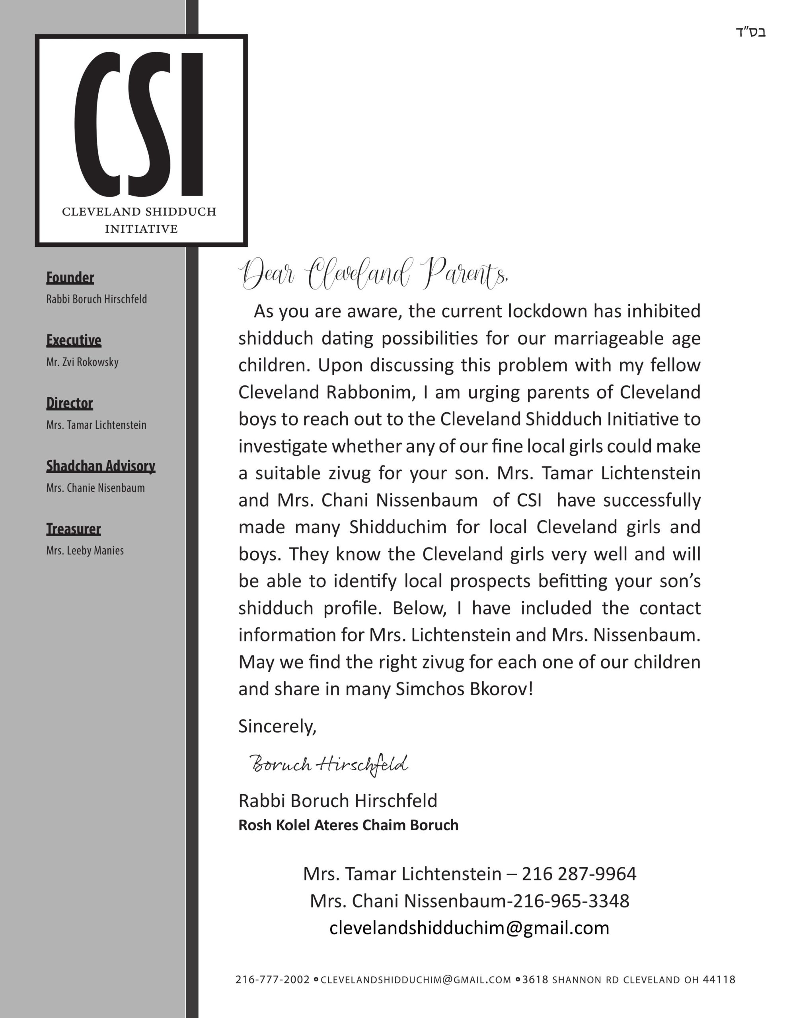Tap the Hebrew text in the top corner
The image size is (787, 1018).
pyautogui.click(x=751, y=32)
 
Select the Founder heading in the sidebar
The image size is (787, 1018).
pyautogui.click(x=70, y=278)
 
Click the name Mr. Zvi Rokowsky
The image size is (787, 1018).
pyautogui.click(x=82, y=362)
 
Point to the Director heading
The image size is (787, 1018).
pyautogui.click(x=70, y=403)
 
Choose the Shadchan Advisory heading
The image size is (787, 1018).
pyautogui.click(x=100, y=466)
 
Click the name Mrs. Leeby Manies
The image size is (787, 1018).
pyautogui.click(x=85, y=550)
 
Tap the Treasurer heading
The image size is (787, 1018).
pyautogui.click(x=73, y=528)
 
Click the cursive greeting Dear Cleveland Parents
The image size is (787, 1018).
pyautogui.click(x=373, y=274)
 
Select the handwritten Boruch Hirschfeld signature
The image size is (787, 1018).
pyautogui.click(x=329, y=764)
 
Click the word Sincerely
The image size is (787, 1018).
pyautogui.click(x=277, y=726)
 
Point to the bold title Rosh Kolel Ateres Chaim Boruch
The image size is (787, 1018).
pyautogui.click(x=348, y=825)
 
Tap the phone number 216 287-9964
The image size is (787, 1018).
pyautogui.click(x=579, y=874)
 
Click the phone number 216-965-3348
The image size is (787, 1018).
pyautogui.click(x=571, y=901)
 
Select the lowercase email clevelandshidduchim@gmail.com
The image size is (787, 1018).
pyautogui.click(x=469, y=928)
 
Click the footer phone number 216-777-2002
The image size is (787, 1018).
pyautogui.click(x=273, y=980)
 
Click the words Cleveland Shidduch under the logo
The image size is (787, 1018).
pyautogui.click(x=139, y=212)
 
